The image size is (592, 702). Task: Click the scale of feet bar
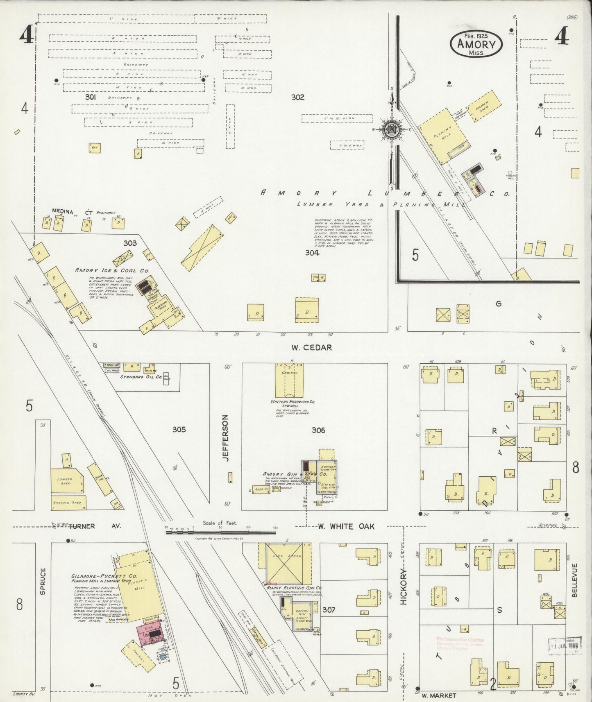(x=220, y=532)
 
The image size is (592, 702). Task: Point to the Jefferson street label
(x=225, y=438)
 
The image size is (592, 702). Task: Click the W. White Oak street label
(x=346, y=526)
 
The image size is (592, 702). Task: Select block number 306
(x=318, y=430)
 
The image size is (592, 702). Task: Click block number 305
(x=179, y=430)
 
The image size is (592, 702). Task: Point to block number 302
(x=298, y=97)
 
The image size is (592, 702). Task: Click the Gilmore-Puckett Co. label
(x=104, y=575)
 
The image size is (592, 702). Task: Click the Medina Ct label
(x=72, y=212)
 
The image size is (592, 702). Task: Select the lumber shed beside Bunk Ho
(x=66, y=481)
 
